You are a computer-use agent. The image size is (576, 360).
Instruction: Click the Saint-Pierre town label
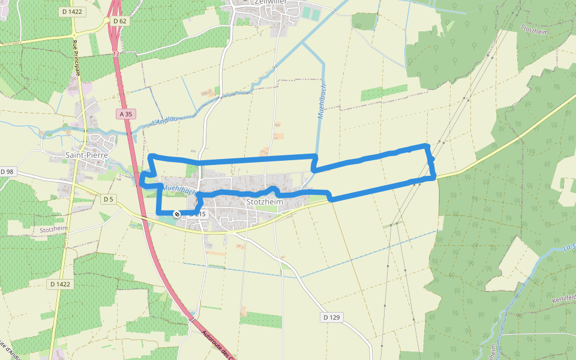coord(86,155)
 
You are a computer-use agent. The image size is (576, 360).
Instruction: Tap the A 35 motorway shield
coord(125,113)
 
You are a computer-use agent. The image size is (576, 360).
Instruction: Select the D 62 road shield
coord(120,21)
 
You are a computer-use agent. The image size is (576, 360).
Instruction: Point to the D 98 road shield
coord(7,172)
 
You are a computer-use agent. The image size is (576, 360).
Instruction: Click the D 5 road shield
coord(108,199)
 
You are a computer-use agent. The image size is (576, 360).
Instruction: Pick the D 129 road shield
coord(331,317)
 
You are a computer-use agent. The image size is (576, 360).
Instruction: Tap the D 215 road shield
coord(197,214)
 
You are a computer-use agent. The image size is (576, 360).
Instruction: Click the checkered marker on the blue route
coord(177,214)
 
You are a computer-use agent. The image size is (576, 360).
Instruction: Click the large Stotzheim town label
coord(265,202)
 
